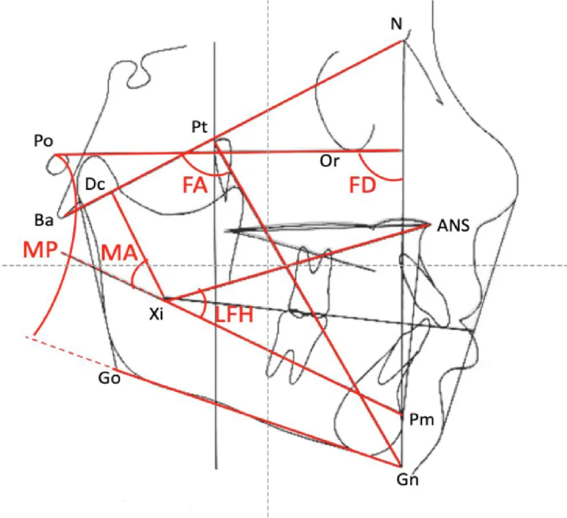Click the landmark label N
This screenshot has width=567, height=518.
[x=397, y=24]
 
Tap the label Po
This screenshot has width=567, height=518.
[x=43, y=141]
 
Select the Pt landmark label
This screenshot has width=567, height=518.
[x=199, y=127]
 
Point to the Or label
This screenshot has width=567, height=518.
[x=330, y=161]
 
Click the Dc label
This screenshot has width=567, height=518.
[x=95, y=185]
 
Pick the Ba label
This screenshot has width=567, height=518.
[x=44, y=220]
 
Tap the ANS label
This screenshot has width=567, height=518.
[x=453, y=225]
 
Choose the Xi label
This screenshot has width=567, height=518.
[x=156, y=315]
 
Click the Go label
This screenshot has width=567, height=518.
[x=109, y=378]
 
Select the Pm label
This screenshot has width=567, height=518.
[x=422, y=420]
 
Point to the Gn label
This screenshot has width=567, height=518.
[x=408, y=480]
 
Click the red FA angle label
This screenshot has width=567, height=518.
[x=195, y=186]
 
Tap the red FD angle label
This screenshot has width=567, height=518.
[x=362, y=185]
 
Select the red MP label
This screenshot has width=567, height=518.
[x=40, y=249]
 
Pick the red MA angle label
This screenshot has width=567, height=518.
[x=119, y=253]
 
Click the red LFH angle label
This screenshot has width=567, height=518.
[x=234, y=315]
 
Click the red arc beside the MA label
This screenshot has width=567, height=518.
[x=135, y=272]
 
